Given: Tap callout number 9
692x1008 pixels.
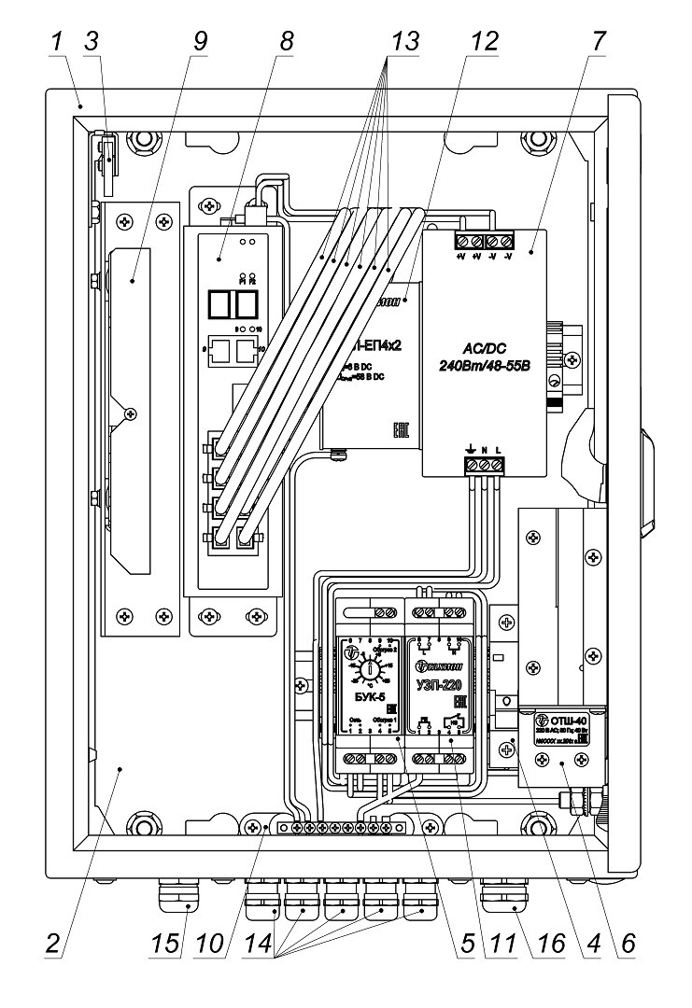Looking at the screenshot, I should [199, 43].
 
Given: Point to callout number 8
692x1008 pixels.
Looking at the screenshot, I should [287, 43].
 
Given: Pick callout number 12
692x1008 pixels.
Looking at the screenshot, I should [487, 43].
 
